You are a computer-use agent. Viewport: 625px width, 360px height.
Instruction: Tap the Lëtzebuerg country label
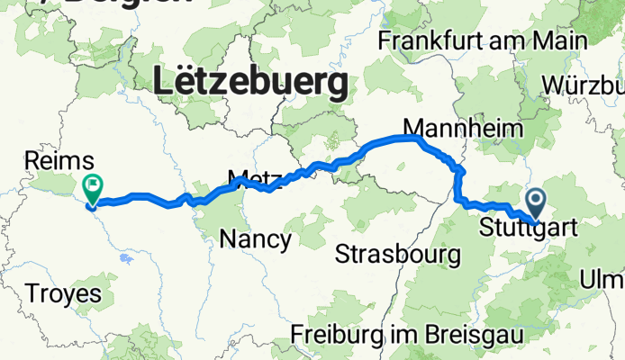pos(251,84)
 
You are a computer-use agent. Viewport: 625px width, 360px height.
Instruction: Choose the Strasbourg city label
pos(397,255)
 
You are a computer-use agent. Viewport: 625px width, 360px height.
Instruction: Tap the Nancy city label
pos(256,239)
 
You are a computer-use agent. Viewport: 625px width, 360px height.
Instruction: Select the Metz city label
pos(249,176)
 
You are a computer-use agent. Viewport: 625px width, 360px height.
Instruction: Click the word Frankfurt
pos(437,40)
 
